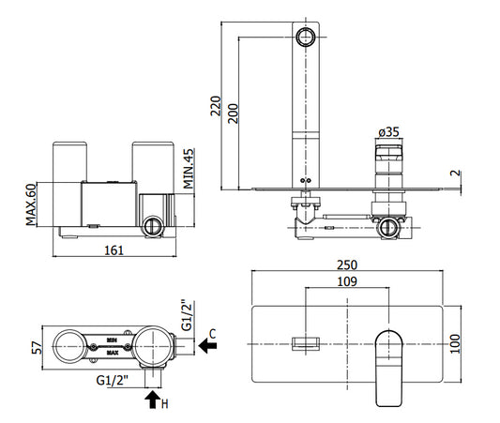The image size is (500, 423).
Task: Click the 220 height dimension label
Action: click(x=215, y=106)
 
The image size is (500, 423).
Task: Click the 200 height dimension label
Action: click(x=233, y=113)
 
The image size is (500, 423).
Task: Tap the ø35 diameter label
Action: click(x=389, y=131)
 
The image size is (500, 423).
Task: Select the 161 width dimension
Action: click(x=114, y=250)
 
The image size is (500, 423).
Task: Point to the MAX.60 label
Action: click(x=31, y=204)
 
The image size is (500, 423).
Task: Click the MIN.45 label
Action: click(x=189, y=169)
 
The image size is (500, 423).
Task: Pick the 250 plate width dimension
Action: click(x=347, y=264)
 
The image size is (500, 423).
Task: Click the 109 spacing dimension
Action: click(x=347, y=281)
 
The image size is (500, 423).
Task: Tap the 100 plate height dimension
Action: click(x=455, y=343)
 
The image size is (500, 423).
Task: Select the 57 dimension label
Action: click(x=37, y=348)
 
